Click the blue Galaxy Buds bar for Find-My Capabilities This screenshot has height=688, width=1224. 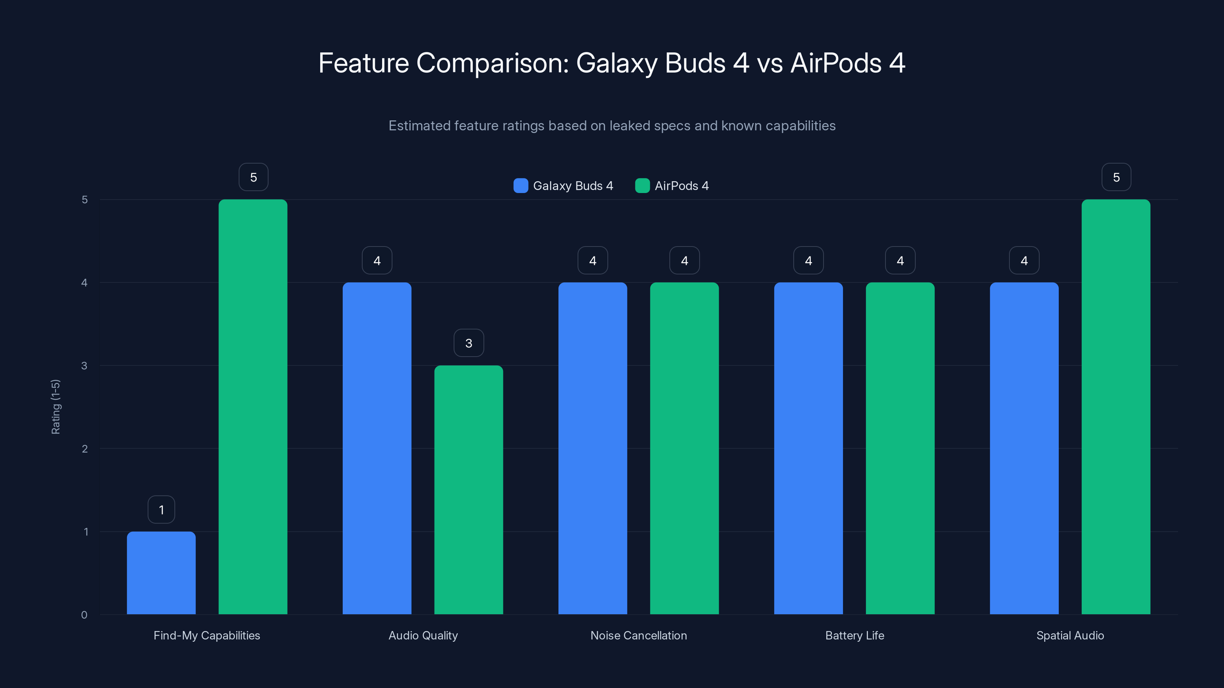coord(161,573)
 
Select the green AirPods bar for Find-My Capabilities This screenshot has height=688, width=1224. coord(253,407)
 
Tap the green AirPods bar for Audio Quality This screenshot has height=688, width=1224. coord(469,490)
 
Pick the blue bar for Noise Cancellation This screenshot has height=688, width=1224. coord(592,448)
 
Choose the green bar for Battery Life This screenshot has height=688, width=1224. coord(900,448)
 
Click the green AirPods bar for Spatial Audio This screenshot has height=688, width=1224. coord(1116,407)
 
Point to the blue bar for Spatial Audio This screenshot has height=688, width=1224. coord(1024,448)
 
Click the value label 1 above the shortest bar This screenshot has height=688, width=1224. coord(161,510)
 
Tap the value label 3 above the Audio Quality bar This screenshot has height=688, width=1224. coord(469,343)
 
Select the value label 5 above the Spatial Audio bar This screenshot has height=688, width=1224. coord(1116,177)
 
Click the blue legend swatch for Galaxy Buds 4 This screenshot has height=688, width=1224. coord(521,186)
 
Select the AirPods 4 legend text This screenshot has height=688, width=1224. coord(681,186)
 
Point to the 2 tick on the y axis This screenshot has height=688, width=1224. coord(85,449)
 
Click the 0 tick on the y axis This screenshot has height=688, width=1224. coord(84,615)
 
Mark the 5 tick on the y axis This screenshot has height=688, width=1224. coord(85,200)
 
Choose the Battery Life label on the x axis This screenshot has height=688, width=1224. coord(855,635)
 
